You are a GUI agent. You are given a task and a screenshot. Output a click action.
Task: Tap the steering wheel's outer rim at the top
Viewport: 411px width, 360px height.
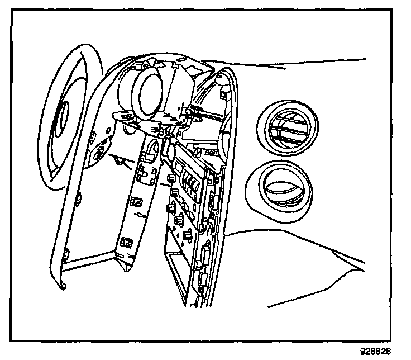[x=84, y=50]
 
